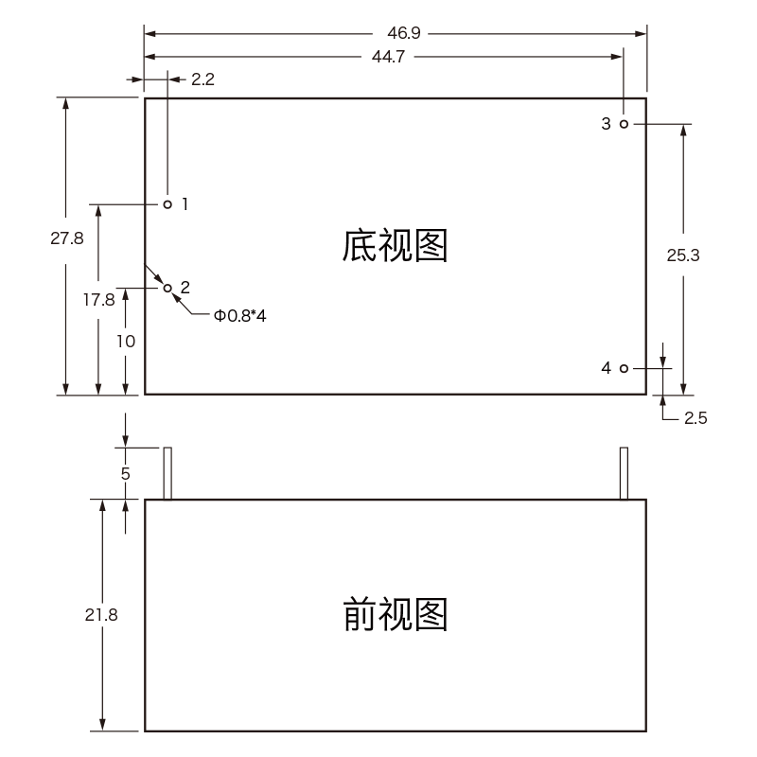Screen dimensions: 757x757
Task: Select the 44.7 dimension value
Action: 389,57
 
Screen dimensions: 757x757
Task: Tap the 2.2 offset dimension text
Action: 202,79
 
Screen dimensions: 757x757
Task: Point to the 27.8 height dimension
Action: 67,239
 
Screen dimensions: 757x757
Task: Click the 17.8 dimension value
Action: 98,300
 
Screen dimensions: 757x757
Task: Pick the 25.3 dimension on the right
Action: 683,254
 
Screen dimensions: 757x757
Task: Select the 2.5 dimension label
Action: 695,417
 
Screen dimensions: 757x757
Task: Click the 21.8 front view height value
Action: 101,614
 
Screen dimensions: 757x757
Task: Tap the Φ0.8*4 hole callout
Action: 240,316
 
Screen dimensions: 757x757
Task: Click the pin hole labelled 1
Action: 167,203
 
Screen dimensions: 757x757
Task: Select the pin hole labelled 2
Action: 167,287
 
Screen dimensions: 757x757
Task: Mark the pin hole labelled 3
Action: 624,124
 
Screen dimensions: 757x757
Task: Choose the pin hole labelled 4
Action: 624,368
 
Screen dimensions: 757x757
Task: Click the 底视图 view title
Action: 394,246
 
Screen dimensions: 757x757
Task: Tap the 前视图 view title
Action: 394,615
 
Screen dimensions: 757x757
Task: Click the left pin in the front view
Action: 167,473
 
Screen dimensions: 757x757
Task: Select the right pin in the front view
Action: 624,473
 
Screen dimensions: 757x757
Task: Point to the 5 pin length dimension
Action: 126,472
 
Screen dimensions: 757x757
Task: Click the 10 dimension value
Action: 126,342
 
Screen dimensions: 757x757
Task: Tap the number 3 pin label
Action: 606,124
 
